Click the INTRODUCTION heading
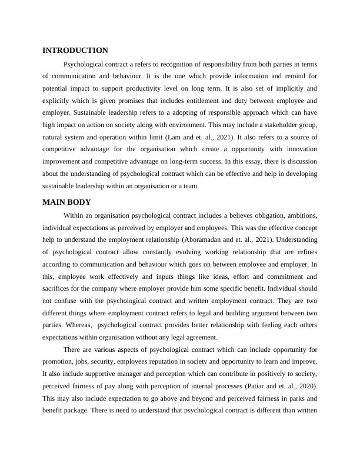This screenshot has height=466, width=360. pos(75,51)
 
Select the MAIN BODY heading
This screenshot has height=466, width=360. pos(66,202)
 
